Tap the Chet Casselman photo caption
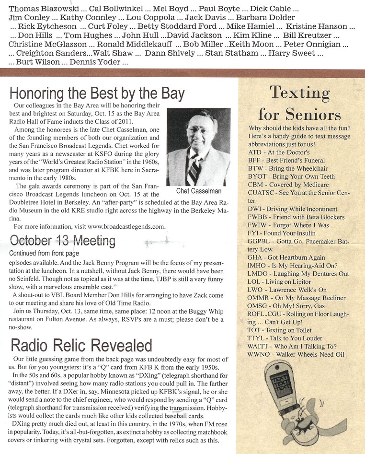pos(198,191)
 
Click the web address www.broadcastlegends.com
pos(126,226)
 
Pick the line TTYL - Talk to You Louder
pos(286,338)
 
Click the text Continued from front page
pos(44,253)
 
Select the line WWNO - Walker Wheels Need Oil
pos(296,355)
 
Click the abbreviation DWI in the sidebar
pos(256,209)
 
